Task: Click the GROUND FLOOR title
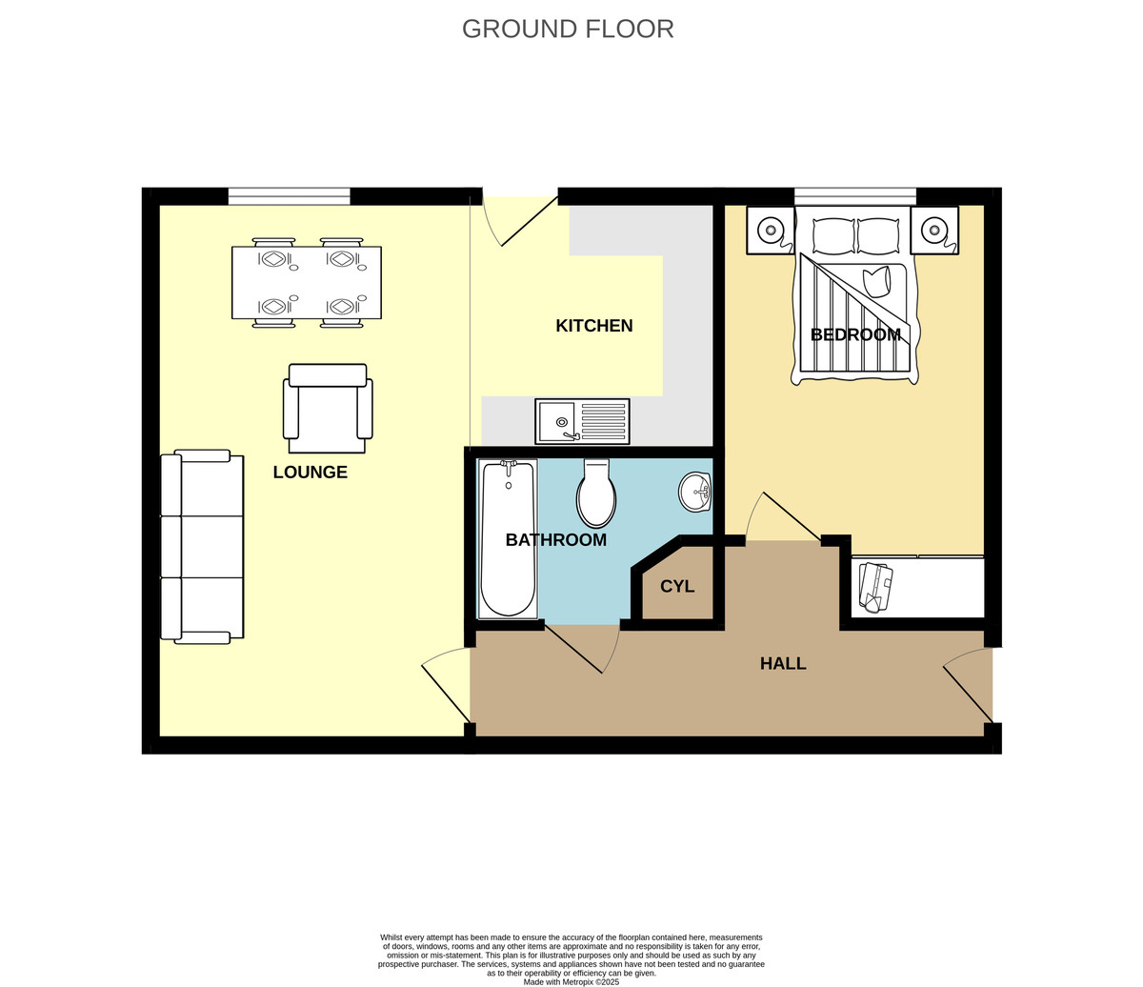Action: (x=568, y=30)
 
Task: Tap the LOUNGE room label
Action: (x=311, y=472)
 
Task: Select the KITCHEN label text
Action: (x=594, y=326)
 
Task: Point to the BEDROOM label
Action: (x=855, y=334)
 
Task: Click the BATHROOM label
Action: (x=555, y=540)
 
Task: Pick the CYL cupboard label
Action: (x=677, y=587)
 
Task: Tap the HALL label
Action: (x=783, y=663)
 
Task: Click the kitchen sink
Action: (x=582, y=421)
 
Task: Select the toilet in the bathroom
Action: (x=596, y=493)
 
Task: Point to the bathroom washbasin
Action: (x=695, y=492)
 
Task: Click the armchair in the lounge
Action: (x=328, y=409)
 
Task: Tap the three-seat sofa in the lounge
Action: (x=202, y=547)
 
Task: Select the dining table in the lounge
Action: (x=307, y=283)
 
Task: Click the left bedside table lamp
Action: (x=770, y=230)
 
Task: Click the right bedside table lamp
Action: (x=934, y=230)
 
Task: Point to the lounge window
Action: (x=290, y=196)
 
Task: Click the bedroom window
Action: (x=855, y=196)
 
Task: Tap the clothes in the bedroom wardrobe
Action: (x=876, y=588)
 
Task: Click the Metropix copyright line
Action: (x=571, y=982)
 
